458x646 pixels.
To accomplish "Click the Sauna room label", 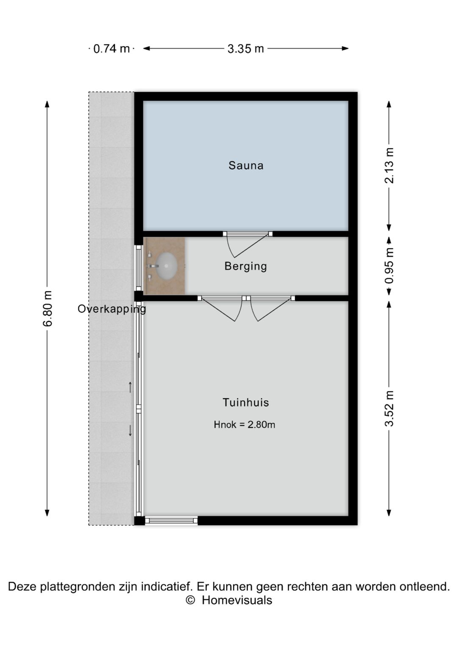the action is point(246,166).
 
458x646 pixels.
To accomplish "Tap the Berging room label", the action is point(246,266).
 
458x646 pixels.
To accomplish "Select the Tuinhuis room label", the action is point(246,402).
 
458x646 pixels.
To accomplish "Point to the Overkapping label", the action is point(112,309).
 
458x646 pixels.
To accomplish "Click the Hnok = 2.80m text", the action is point(244,425).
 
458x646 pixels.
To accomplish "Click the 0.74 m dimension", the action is point(112,49).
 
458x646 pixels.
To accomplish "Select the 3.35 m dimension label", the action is point(246,49).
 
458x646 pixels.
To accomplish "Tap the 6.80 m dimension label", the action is point(47,309).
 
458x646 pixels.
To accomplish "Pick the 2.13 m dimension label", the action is point(389,166).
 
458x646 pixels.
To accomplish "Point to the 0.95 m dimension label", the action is point(389,265).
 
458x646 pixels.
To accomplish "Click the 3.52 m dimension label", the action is point(389,408).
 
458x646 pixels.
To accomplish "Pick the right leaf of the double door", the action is point(271,308).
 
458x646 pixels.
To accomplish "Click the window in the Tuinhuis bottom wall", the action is point(171,521).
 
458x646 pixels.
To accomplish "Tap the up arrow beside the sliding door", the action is point(130,387).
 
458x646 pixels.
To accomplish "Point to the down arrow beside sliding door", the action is point(130,431).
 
